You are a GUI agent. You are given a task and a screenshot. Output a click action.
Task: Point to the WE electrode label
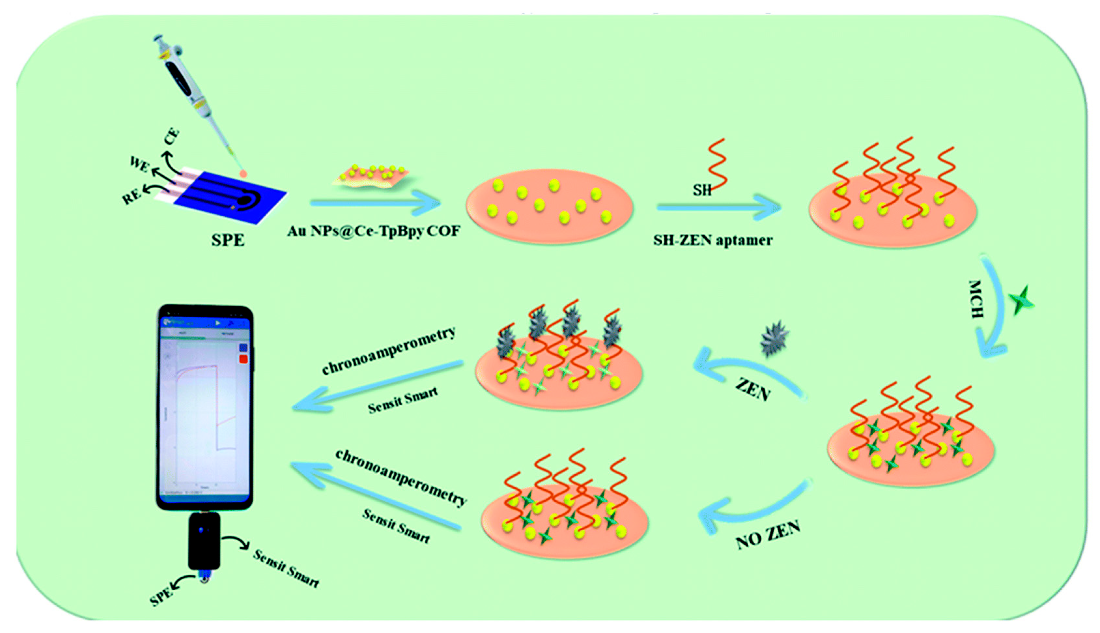tap(140, 164)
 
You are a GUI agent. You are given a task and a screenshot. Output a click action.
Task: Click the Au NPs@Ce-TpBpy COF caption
tap(374, 231)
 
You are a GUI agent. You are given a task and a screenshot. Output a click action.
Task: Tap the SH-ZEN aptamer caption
tap(713, 240)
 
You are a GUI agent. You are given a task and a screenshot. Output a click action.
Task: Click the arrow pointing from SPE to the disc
tap(376, 203)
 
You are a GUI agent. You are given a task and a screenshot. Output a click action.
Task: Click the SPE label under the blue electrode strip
tap(228, 240)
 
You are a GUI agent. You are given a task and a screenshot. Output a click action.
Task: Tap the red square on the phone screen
tap(243, 359)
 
